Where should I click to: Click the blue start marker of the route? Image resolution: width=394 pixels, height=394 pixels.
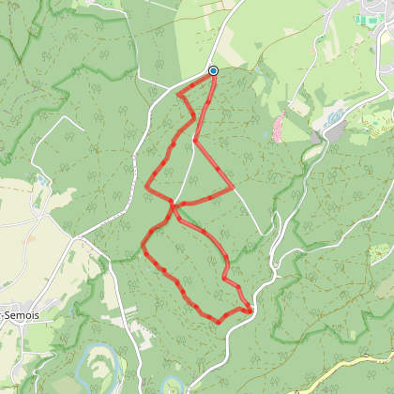pos(213,71)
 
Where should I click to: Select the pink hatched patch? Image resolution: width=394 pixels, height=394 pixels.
pos(279,126)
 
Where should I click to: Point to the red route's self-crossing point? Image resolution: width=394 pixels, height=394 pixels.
pos(173,204)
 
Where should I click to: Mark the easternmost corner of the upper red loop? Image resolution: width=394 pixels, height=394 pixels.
pos(233,188)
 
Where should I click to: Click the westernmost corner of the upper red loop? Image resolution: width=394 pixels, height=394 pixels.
pos(146,187)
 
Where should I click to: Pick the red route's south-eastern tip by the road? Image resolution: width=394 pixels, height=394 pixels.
pos(251,310)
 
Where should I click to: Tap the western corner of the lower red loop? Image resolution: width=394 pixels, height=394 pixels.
pos(143,248)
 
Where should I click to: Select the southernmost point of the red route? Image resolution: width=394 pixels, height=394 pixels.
pos(219,323)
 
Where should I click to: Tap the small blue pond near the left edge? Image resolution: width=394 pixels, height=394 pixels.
pos(42,179)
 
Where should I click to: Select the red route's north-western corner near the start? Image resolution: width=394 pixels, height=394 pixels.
pos(177,94)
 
